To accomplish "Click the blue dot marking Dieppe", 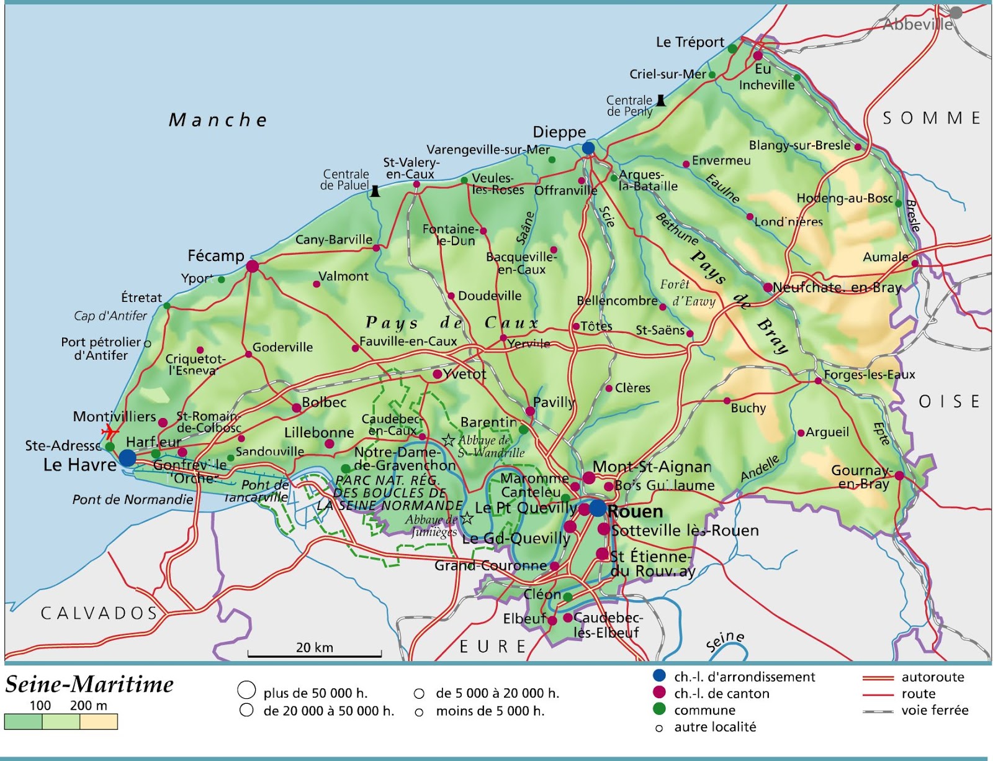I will pos(588,148).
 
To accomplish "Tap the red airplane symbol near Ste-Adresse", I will pos(110,431).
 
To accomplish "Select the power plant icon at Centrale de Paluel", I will pos(375,191).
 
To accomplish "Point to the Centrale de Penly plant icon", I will pos(661,100).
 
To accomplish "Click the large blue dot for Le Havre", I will pos(127,458).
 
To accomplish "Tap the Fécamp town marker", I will pos(252,267).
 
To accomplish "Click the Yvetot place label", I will pos(465,374).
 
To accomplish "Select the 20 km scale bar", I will pos(315,654).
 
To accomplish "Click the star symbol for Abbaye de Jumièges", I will pos(467,518).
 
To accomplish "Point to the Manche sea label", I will pos(218,120).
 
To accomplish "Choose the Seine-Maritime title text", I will pos(89,685).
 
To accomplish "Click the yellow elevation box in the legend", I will pos(99,721).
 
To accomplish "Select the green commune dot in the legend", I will pos(659,709).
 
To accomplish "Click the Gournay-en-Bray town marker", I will pos(899,476).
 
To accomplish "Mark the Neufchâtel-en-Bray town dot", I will pos(768,287).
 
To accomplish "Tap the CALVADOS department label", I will pos(99,613).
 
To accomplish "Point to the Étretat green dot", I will pos(166,306).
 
